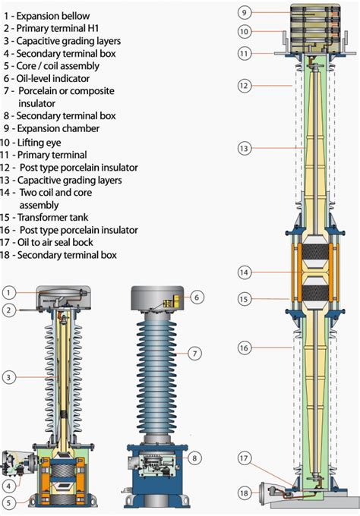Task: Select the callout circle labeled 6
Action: click(x=196, y=297)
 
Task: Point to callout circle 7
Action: click(x=196, y=353)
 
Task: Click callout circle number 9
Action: click(x=245, y=12)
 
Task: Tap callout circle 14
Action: click(x=245, y=271)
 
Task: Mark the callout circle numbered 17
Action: click(x=245, y=458)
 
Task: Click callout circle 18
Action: click(x=245, y=494)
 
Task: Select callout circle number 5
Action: click(x=8, y=502)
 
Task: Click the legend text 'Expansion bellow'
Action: click(x=53, y=15)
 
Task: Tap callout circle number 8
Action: click(x=196, y=458)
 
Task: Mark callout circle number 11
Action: click(x=245, y=53)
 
